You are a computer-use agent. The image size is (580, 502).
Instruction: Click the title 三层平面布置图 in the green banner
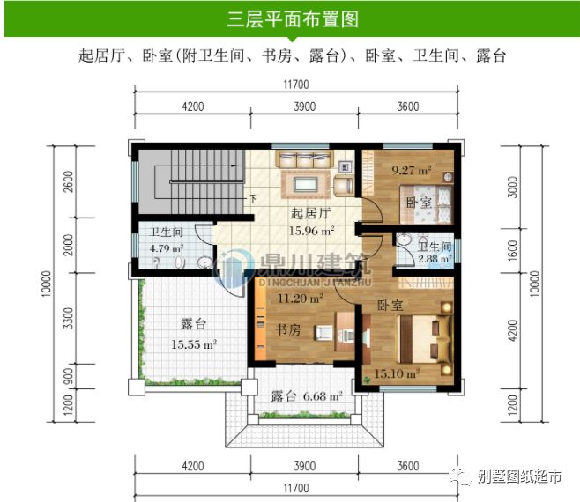[293, 19]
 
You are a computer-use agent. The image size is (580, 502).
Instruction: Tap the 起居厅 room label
[310, 213]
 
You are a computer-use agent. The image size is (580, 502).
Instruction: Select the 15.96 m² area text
[311, 231]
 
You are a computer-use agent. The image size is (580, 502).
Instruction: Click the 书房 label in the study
[289, 329]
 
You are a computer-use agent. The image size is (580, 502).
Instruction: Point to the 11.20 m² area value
[301, 298]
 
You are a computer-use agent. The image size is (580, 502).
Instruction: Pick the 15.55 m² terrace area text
[193, 344]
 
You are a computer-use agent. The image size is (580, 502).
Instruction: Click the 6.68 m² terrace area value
[323, 396]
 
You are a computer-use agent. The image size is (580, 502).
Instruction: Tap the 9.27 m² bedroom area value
[412, 170]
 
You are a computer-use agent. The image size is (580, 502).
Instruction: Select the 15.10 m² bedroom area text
[397, 373]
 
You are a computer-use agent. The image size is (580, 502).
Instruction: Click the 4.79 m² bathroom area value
[167, 248]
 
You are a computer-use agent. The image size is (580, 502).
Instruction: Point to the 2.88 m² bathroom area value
[435, 258]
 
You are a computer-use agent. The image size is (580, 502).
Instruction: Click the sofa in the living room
[306, 159]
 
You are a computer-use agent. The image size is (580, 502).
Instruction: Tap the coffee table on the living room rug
[306, 184]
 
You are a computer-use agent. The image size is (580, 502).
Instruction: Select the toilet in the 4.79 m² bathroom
[180, 262]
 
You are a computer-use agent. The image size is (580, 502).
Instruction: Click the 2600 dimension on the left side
[69, 181]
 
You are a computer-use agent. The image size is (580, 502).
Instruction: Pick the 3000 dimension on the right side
[512, 187]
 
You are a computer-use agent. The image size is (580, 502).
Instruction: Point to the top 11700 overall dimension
[296, 85]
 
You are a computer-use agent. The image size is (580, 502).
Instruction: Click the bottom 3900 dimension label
[304, 466]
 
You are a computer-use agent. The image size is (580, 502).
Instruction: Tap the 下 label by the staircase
[253, 199]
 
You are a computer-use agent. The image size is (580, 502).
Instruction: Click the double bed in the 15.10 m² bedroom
[425, 339]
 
